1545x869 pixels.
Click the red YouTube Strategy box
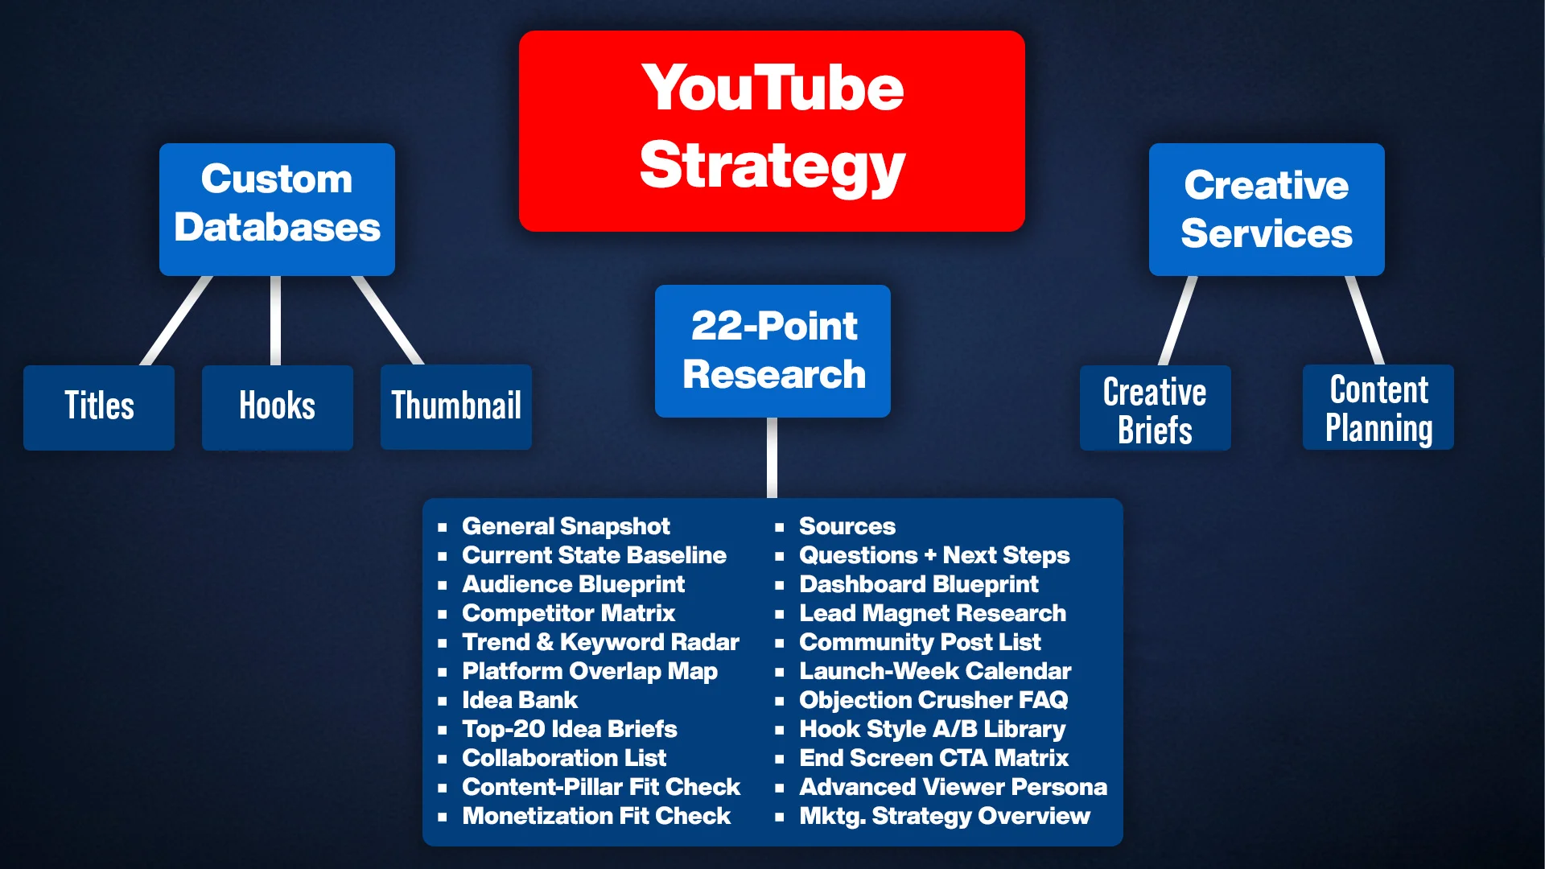[x=772, y=131]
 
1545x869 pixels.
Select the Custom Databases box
[x=277, y=209]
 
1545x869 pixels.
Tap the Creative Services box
[x=1267, y=209]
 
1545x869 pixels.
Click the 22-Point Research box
[x=772, y=351]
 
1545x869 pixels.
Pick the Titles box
[x=99, y=407]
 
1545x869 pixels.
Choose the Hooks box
[x=278, y=407]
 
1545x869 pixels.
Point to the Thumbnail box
[x=456, y=406]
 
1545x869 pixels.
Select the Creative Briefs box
[x=1156, y=407]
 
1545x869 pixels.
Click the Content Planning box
[x=1378, y=406]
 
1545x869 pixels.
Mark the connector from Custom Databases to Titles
[x=177, y=320]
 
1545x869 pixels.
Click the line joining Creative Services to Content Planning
[x=1365, y=320]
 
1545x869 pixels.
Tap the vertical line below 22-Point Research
[x=772, y=458]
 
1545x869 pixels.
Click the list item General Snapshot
[x=566, y=526]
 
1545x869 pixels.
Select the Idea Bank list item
[x=520, y=700]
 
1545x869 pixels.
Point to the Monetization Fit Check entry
[x=596, y=816]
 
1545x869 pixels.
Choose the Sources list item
[x=847, y=526]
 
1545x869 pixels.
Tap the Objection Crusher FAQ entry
[x=933, y=700]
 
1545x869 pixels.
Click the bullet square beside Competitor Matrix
[x=443, y=614]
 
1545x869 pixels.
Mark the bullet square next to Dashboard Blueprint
[x=780, y=585]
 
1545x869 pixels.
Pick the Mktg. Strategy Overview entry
[x=945, y=816]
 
